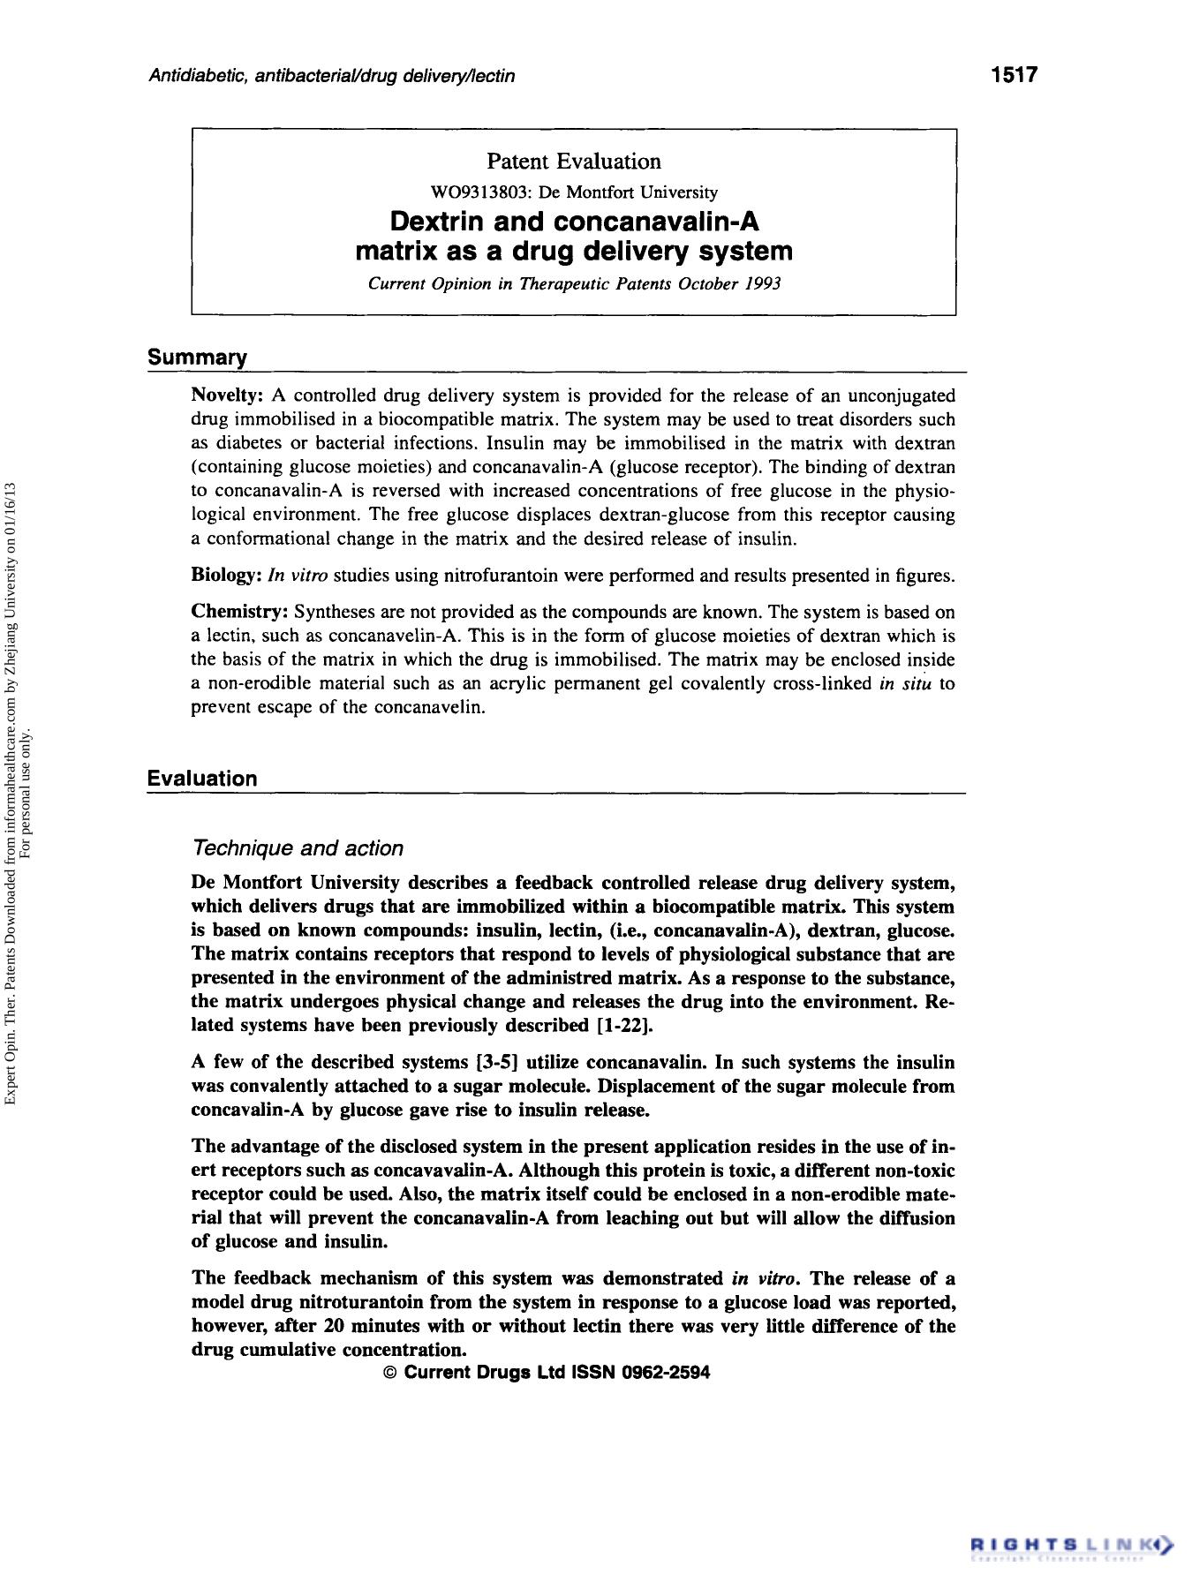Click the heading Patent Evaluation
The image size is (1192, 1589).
coord(573,162)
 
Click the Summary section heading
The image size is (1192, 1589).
coord(197,358)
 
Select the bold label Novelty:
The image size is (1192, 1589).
coord(228,395)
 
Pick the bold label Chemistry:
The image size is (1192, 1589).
coord(240,612)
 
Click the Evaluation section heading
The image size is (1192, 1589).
coord(202,779)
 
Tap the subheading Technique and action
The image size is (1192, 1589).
coord(297,848)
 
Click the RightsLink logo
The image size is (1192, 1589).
coord(1072,1546)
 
